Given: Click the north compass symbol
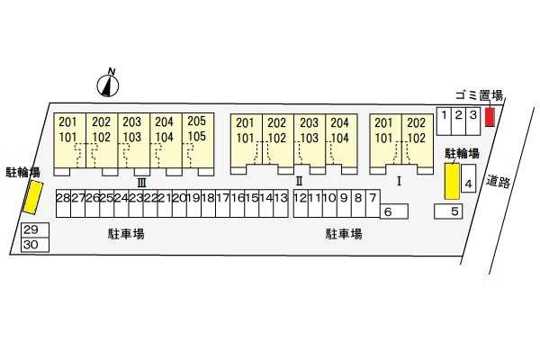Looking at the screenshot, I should click(x=108, y=84).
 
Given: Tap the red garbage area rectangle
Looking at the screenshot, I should click(x=490, y=117).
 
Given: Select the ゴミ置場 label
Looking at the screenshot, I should click(x=478, y=95).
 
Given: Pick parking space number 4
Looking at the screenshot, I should click(x=467, y=184).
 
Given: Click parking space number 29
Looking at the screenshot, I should click(x=31, y=230).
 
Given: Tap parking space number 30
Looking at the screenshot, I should click(x=31, y=244).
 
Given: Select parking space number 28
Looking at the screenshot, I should click(x=62, y=198).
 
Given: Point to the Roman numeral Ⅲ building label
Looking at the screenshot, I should click(x=140, y=182).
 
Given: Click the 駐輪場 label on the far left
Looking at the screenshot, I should click(x=22, y=171).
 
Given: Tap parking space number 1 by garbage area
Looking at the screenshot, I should click(x=443, y=115).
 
